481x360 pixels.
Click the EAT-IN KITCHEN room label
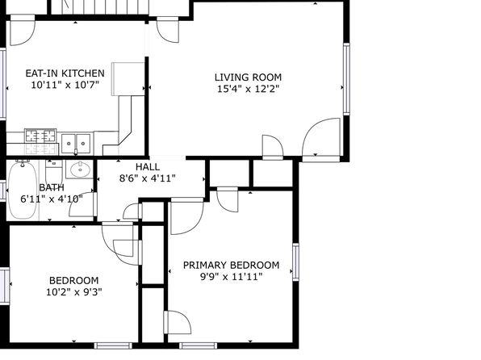65,73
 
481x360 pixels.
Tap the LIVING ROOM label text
248,77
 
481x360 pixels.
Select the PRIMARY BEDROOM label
232,266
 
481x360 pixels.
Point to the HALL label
148,167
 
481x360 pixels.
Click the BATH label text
52,187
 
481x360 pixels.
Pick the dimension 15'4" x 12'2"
249,89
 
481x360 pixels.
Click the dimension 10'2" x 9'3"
74,292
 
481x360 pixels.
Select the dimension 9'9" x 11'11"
232,277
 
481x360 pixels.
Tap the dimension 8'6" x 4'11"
147,178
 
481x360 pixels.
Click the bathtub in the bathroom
23,190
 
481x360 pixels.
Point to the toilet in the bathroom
54,171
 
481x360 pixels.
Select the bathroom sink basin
81,169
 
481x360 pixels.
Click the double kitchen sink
76,144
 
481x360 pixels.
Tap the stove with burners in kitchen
40,136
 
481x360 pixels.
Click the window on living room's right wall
346,79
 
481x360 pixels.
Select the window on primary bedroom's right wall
295,262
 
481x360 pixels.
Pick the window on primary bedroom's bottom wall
199,346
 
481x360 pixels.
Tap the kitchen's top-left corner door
23,30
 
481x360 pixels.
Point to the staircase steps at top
100,6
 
